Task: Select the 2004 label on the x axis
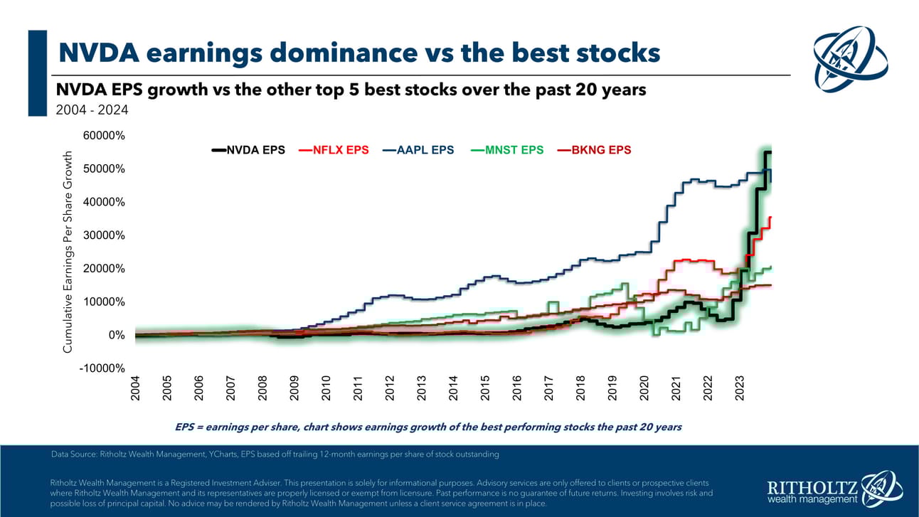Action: point(135,388)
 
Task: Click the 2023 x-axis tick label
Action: point(740,388)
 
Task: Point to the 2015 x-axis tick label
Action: point(485,388)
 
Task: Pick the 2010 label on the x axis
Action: point(326,388)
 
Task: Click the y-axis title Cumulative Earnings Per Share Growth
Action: point(68,252)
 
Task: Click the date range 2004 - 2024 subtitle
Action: point(92,110)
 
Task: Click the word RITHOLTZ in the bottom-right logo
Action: point(810,487)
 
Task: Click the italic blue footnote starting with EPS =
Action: point(428,427)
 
